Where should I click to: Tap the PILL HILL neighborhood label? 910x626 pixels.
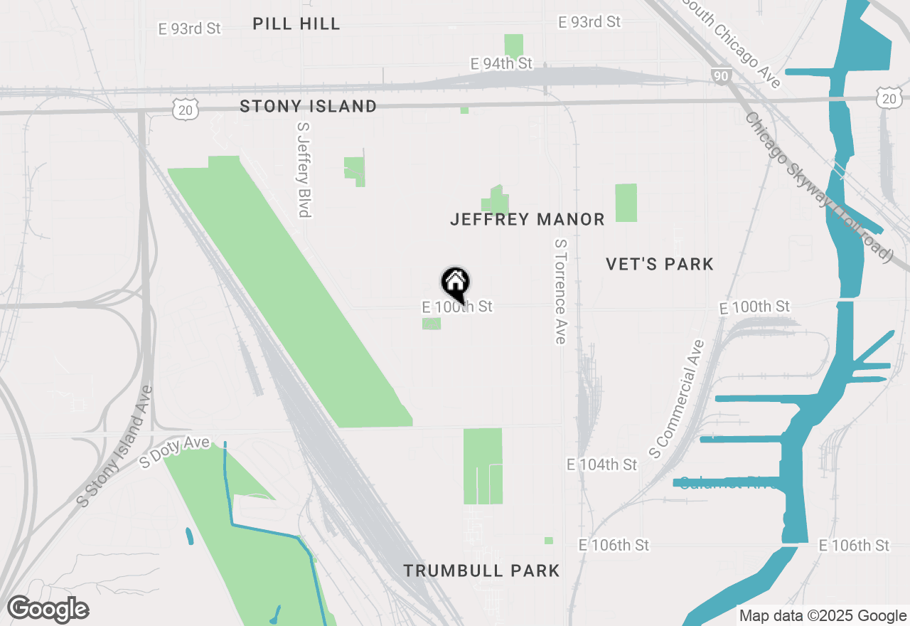tap(296, 23)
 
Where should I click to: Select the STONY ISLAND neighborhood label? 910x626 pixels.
tap(308, 106)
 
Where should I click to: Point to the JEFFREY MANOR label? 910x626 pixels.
tap(528, 219)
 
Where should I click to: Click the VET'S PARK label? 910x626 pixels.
tap(660, 264)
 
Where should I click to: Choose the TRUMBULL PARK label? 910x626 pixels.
tap(481, 571)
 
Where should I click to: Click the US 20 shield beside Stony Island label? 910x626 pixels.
tap(186, 109)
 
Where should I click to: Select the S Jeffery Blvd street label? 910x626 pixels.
tap(304, 169)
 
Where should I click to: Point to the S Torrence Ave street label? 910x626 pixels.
tap(560, 291)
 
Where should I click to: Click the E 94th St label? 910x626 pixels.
tap(501, 64)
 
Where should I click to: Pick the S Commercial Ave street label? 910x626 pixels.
tap(676, 398)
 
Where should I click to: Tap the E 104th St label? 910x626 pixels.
tap(602, 465)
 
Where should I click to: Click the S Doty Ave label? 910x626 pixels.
tap(175, 452)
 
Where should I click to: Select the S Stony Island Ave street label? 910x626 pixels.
tap(115, 446)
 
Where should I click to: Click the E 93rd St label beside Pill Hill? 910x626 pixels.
tap(189, 28)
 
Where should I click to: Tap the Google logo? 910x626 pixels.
tap(48, 610)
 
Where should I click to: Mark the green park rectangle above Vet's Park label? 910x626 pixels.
tap(626, 203)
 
